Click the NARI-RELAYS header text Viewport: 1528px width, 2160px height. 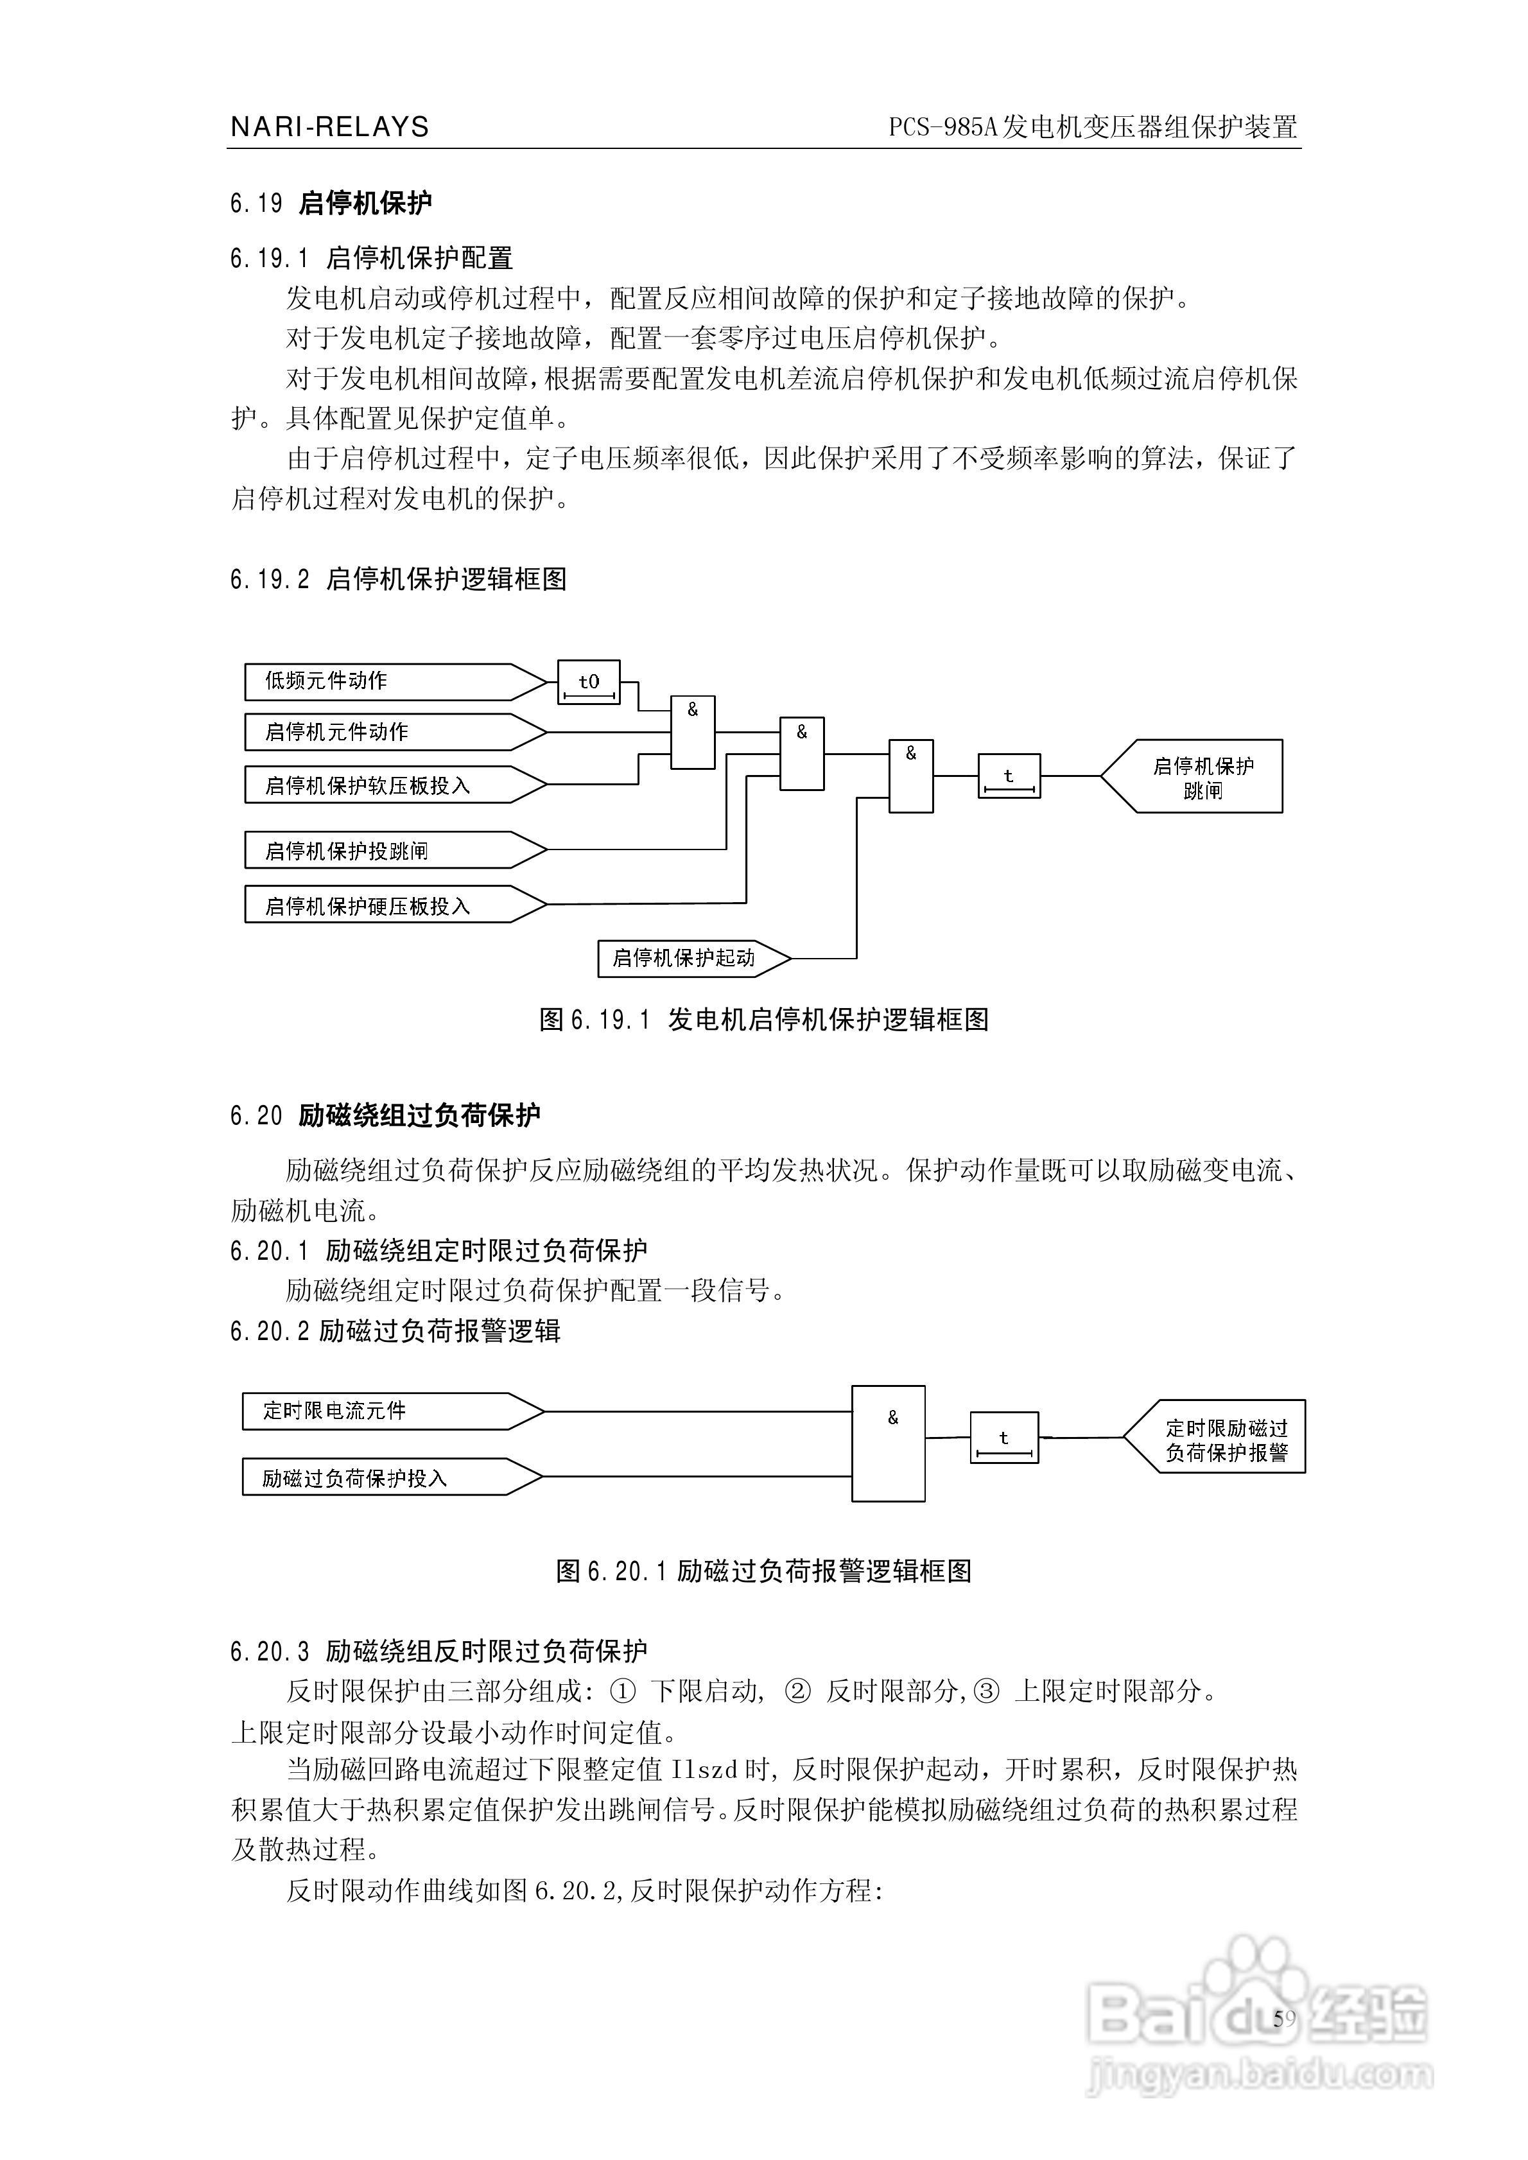[329, 127]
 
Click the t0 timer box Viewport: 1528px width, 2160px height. [589, 682]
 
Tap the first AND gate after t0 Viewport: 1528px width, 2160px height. [693, 733]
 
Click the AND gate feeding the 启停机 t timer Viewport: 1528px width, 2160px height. [911, 776]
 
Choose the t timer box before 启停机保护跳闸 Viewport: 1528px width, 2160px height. [1009, 777]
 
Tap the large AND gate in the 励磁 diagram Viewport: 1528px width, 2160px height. [888, 1444]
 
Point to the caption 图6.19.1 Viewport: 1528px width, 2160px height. [595, 1020]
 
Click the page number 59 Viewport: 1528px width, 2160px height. [1283, 2019]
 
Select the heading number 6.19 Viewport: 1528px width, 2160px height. [256, 203]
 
